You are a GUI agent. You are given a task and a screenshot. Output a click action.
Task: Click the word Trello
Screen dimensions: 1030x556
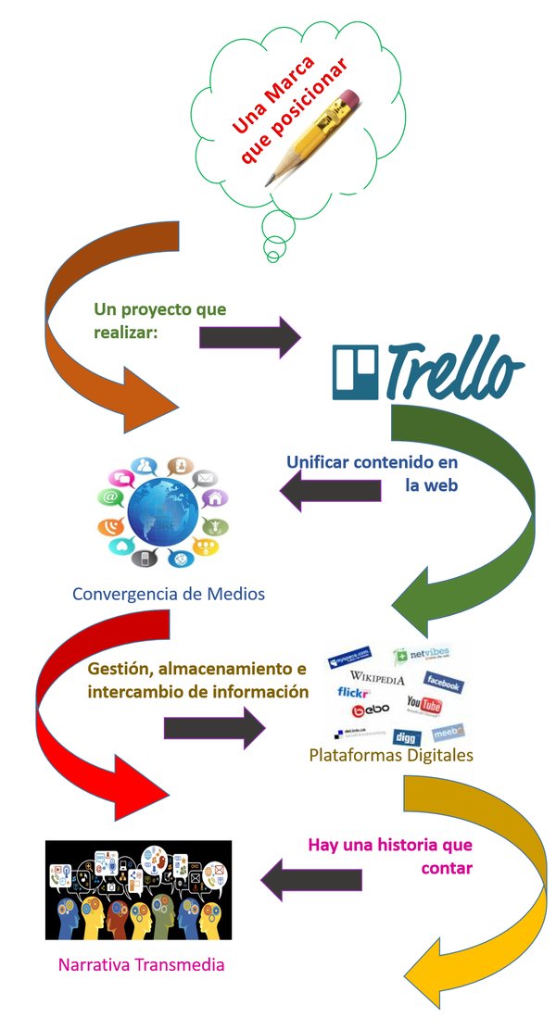click(x=453, y=371)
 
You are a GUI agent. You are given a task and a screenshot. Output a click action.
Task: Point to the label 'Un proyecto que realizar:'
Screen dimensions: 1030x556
click(x=158, y=320)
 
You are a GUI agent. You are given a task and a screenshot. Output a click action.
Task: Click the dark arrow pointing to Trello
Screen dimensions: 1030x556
click(x=248, y=335)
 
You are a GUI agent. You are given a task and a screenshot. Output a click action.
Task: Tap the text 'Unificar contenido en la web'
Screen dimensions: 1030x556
click(x=373, y=472)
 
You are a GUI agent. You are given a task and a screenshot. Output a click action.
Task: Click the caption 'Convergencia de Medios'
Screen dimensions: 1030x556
click(x=169, y=593)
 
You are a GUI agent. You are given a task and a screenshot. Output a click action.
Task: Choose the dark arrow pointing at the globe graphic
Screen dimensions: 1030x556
click(x=328, y=489)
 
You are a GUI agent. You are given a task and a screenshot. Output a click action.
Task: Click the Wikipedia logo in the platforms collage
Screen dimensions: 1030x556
click(x=377, y=680)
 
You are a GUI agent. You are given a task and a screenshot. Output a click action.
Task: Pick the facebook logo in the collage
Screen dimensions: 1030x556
click(x=443, y=684)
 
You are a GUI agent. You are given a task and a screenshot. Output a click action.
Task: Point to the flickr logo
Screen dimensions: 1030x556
click(x=353, y=692)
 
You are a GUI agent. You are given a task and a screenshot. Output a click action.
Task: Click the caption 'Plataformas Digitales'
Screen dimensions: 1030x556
click(x=390, y=755)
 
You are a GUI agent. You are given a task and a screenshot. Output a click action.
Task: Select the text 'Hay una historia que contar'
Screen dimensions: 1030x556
click(x=390, y=856)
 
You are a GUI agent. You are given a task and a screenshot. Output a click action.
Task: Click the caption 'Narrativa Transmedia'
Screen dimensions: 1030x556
click(x=141, y=964)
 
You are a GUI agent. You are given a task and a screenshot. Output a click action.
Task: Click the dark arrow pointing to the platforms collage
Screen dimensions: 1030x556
click(x=213, y=727)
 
